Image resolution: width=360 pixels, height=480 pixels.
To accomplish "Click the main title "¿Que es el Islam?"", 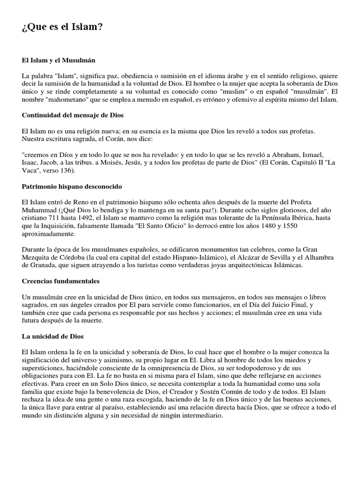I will [62, 28].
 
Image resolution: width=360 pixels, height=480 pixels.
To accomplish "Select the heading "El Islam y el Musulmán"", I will [58, 60].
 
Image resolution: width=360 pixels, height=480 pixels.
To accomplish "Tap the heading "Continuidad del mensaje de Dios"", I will [73, 115].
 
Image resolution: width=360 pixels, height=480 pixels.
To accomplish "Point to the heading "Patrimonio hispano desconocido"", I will [72, 186].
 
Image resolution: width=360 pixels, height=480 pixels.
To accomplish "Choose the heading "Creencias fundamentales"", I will [60, 281].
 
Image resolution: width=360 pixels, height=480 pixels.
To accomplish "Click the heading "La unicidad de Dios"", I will [53, 336].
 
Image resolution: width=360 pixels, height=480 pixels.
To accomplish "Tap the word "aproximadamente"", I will [48, 233].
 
